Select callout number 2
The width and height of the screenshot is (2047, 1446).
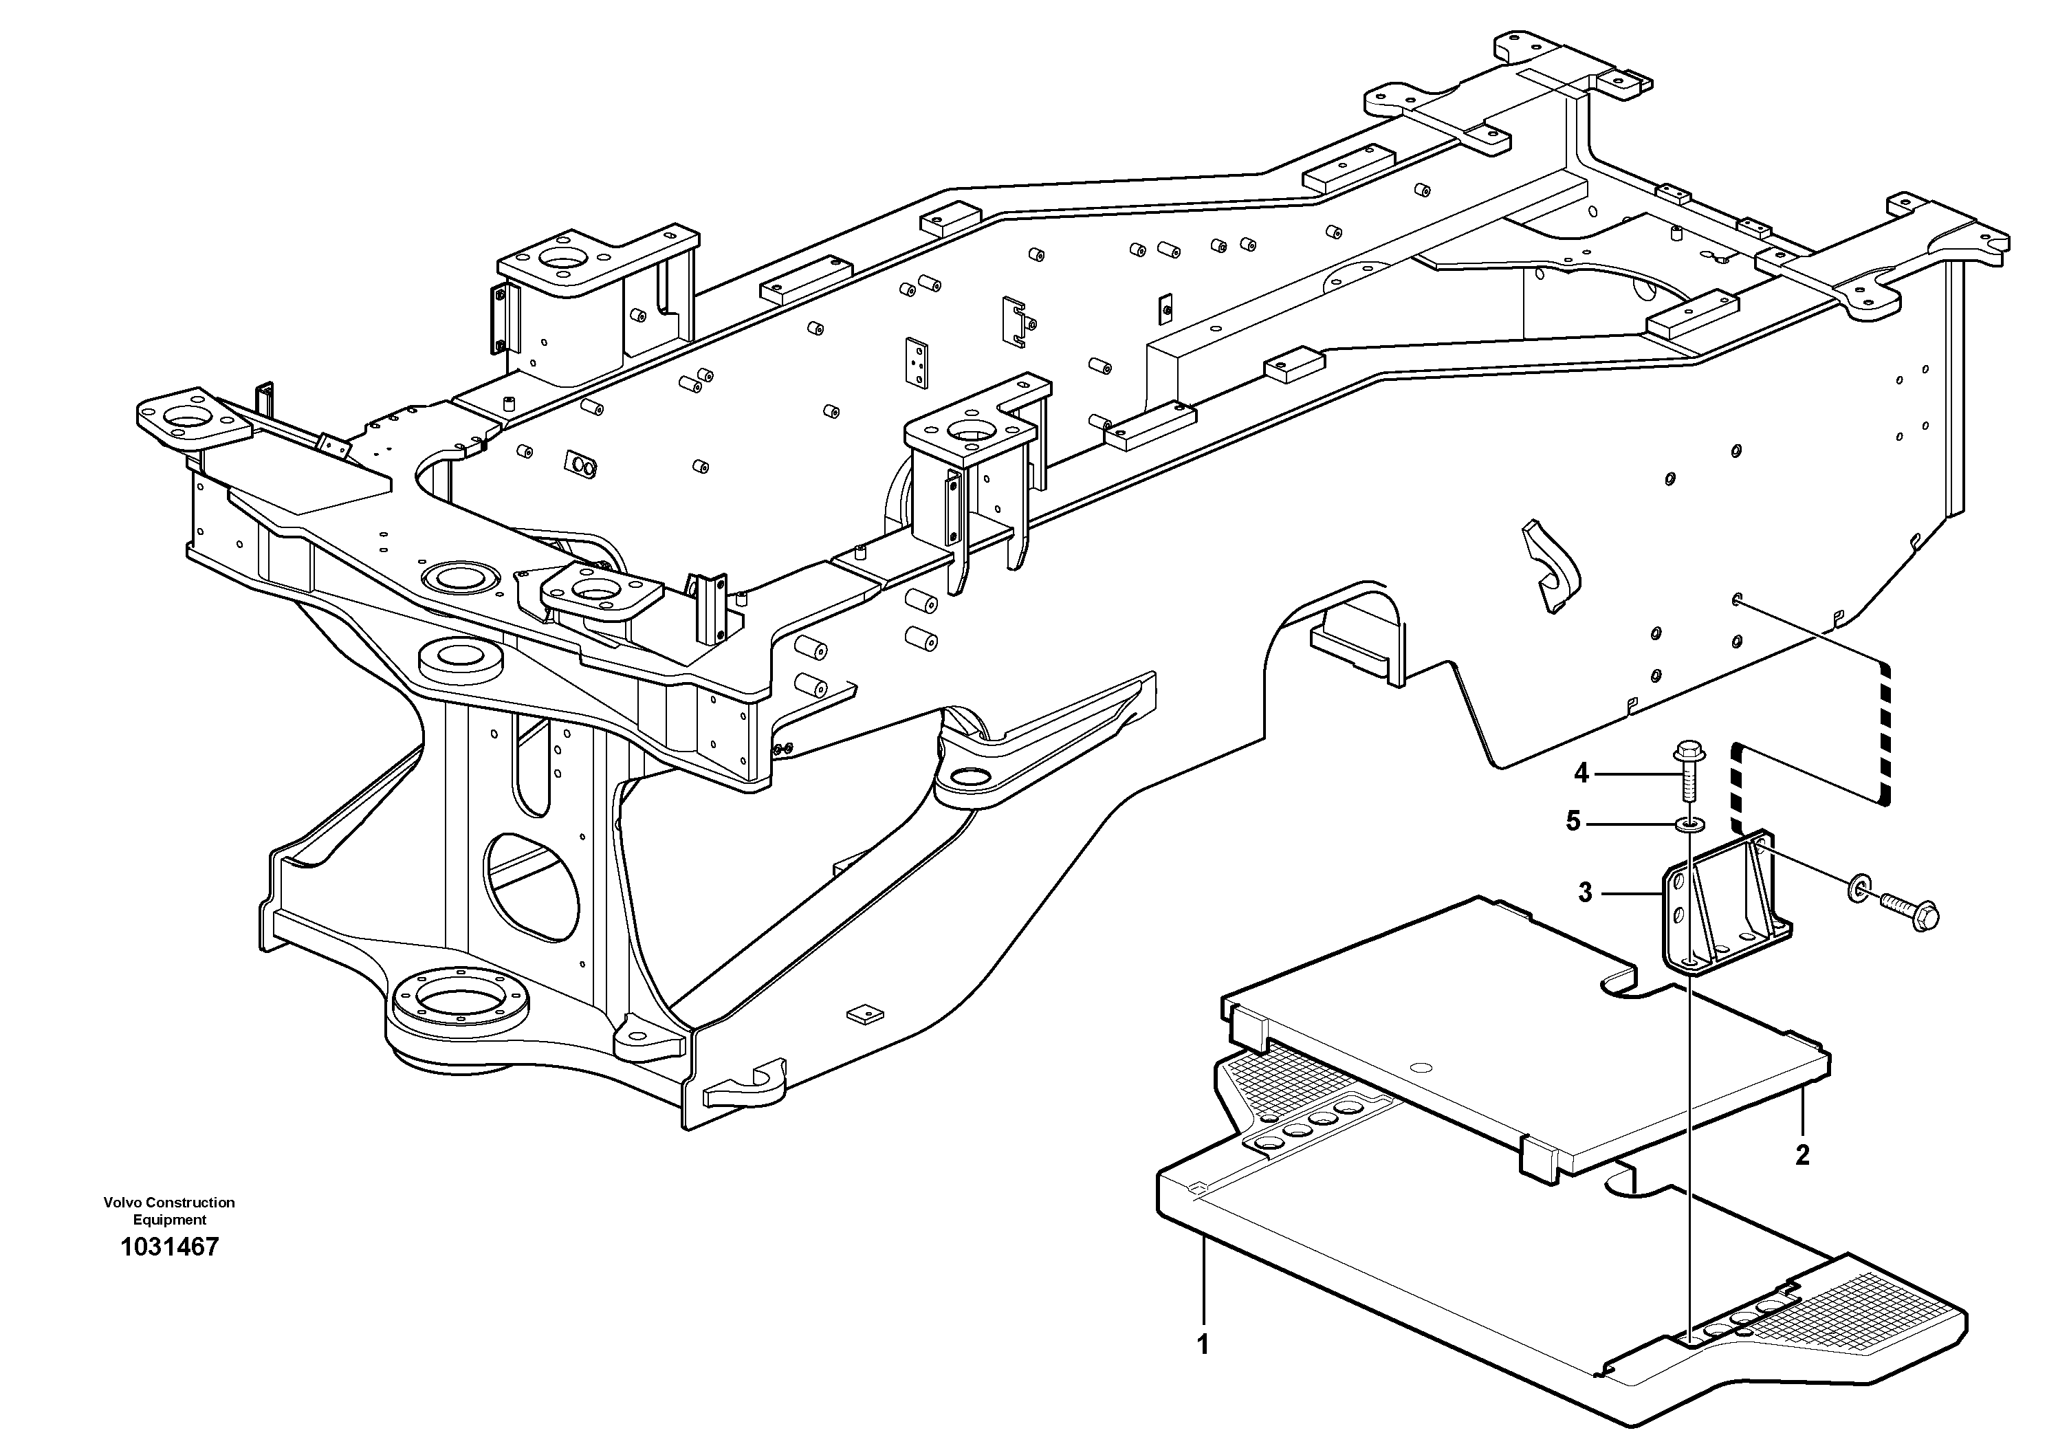[1802, 1155]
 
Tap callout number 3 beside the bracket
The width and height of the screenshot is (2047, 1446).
[1584, 892]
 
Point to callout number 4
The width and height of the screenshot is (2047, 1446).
[1581, 773]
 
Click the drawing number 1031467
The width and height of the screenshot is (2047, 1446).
[169, 1247]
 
